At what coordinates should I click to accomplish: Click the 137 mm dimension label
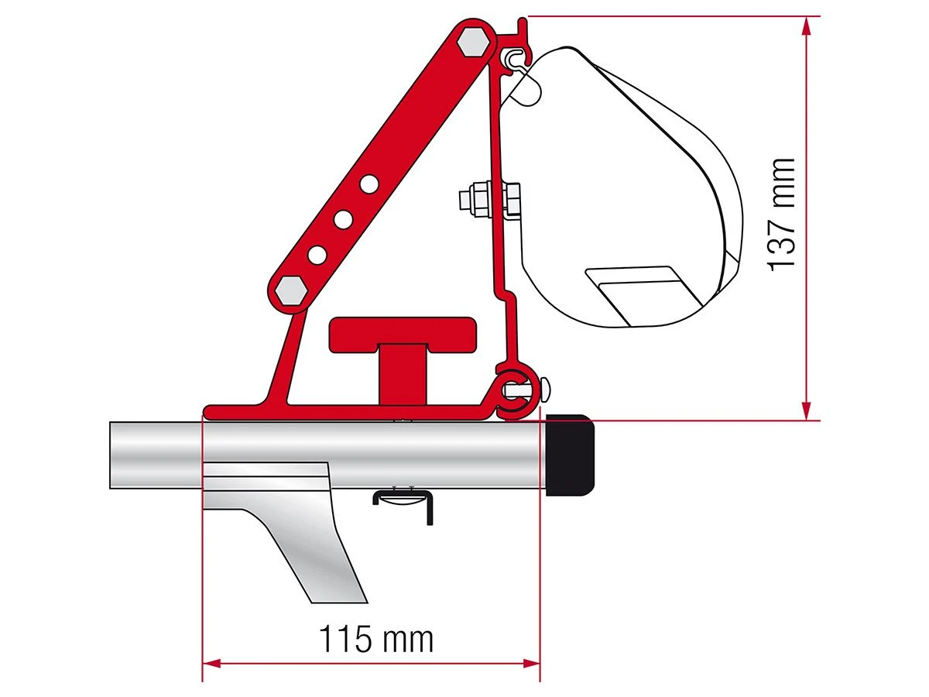click(783, 213)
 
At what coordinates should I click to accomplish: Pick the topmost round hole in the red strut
click(369, 184)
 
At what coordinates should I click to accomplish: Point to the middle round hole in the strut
click(343, 219)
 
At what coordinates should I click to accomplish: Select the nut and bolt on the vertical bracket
click(487, 201)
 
